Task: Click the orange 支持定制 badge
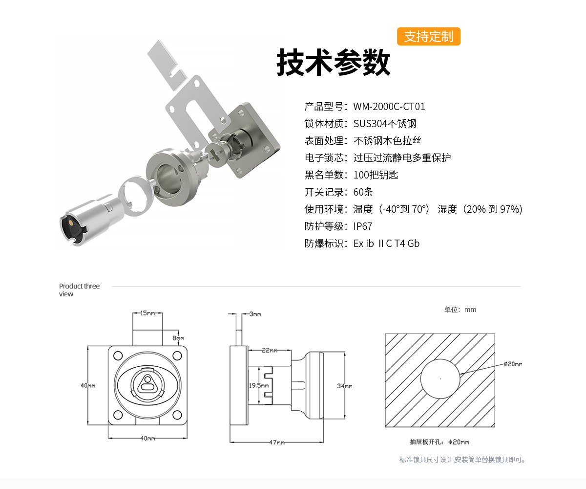428,37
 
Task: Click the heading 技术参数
334,63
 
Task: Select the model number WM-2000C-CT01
389,107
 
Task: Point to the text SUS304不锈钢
385,124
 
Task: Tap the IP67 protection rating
363,226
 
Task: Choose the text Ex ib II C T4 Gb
386,244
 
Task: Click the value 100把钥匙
376,175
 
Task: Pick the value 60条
363,192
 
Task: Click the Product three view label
79,290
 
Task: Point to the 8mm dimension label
178,338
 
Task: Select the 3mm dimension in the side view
255,314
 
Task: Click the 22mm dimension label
269,351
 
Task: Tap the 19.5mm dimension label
259,385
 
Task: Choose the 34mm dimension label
344,386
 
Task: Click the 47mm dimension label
276,443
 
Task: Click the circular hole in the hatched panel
440,379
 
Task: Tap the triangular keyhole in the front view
146,384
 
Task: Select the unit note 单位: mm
460,310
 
